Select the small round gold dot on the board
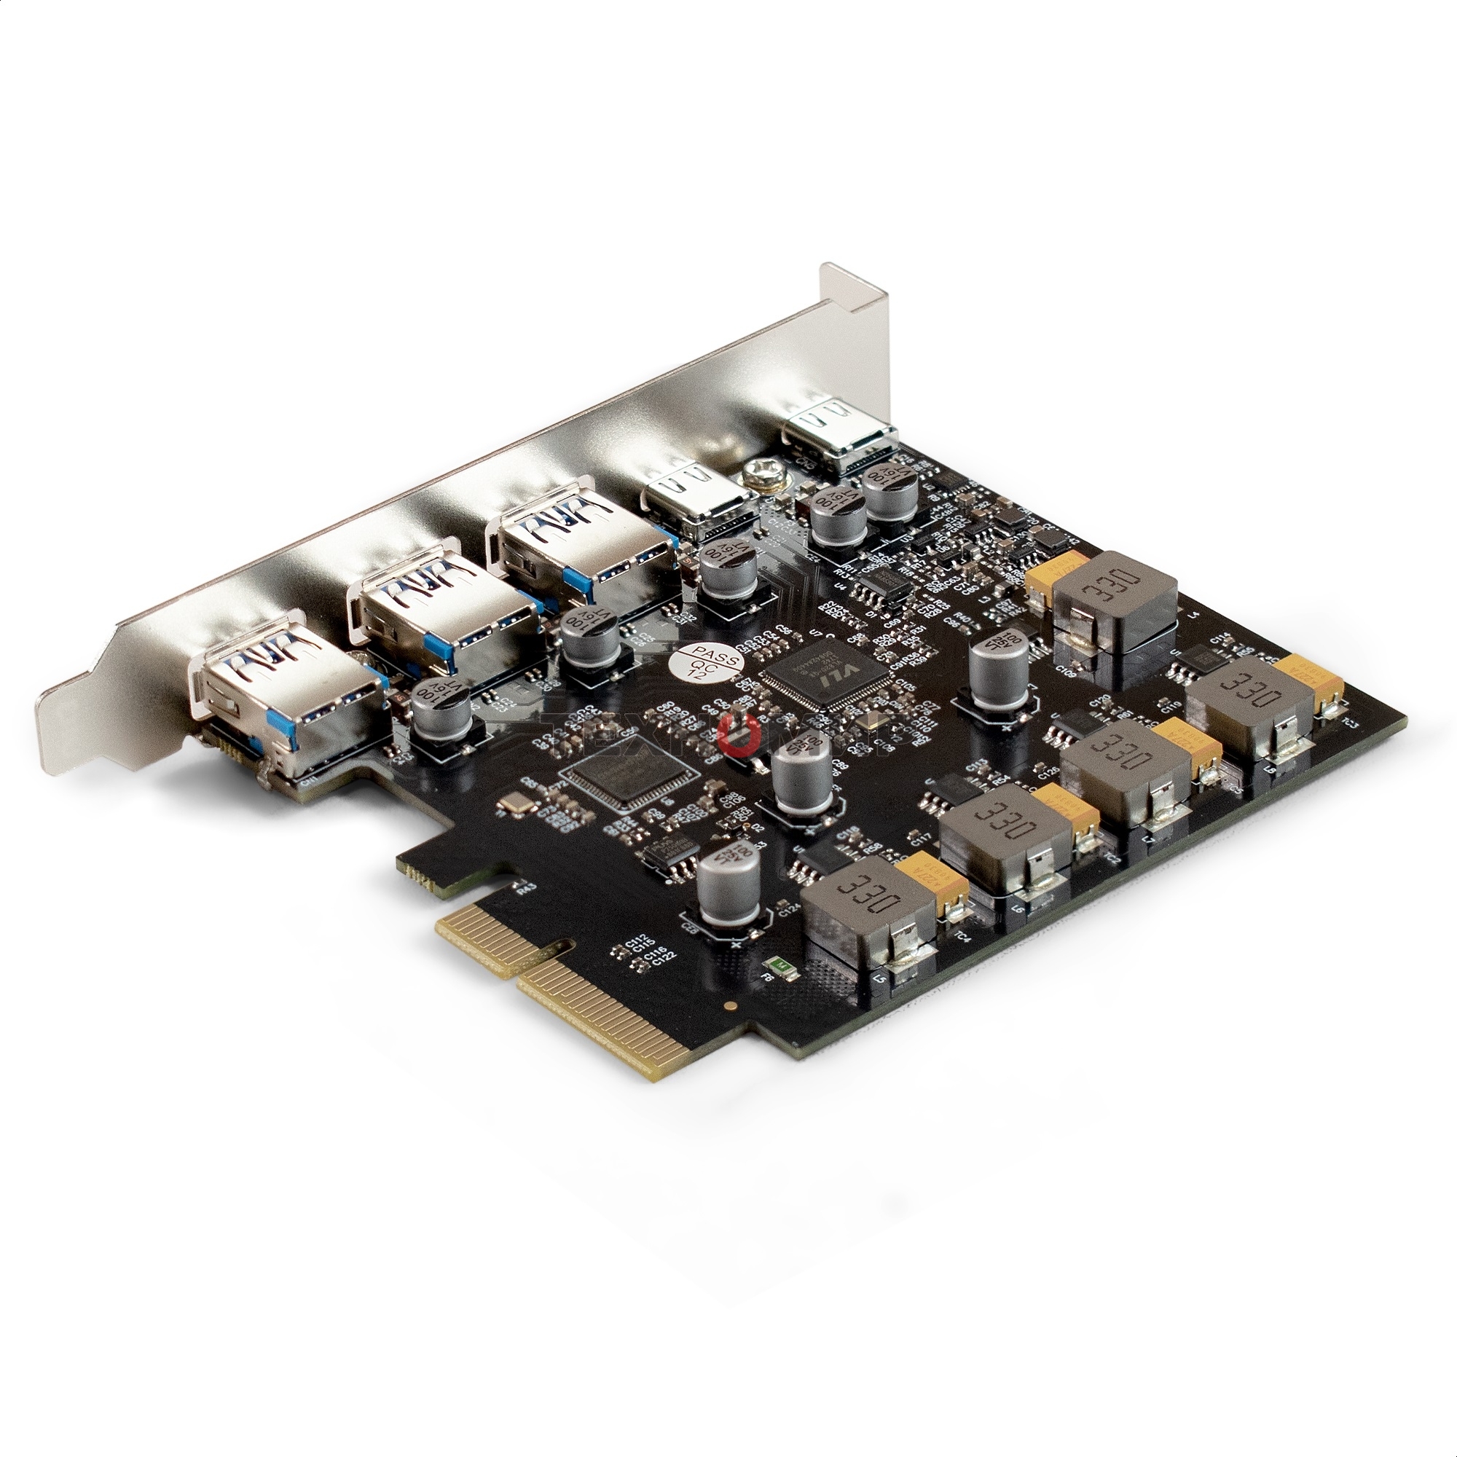(729, 1004)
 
